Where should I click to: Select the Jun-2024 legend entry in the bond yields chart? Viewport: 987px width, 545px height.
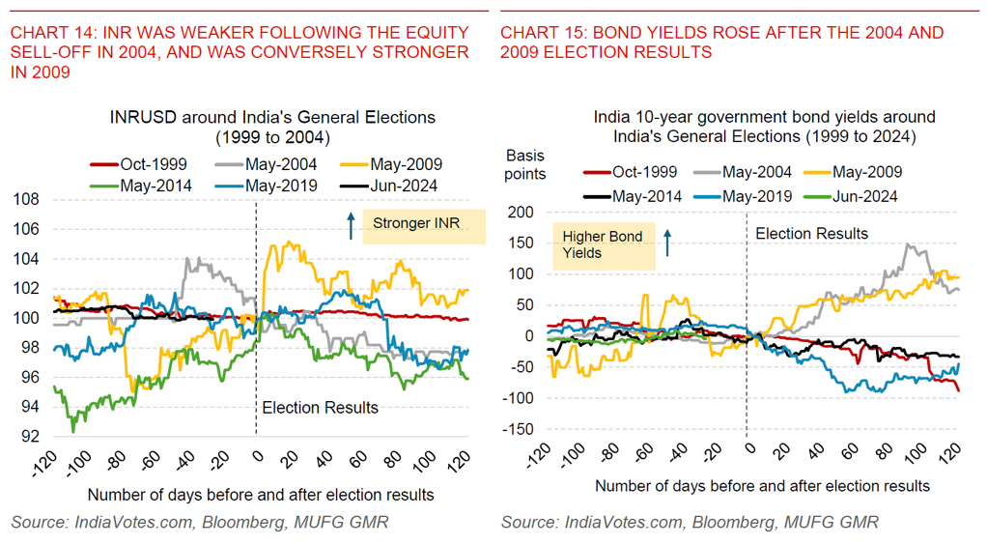(860, 196)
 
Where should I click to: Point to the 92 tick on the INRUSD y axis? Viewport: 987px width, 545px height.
(29, 437)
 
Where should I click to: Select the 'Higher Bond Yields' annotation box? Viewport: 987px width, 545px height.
(602, 244)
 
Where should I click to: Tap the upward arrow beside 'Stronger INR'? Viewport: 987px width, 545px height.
(351, 226)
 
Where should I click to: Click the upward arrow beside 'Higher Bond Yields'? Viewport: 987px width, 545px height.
(665, 243)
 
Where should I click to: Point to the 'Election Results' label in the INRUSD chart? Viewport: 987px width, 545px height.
(321, 408)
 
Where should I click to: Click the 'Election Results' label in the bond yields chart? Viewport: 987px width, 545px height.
(811, 234)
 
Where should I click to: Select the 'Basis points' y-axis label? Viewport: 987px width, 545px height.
(525, 164)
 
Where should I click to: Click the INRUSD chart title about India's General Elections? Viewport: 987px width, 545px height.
(271, 127)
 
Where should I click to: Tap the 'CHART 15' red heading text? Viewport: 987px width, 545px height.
(721, 42)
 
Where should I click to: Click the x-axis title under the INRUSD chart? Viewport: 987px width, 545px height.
(260, 495)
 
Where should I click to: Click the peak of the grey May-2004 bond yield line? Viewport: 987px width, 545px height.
(908, 244)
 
